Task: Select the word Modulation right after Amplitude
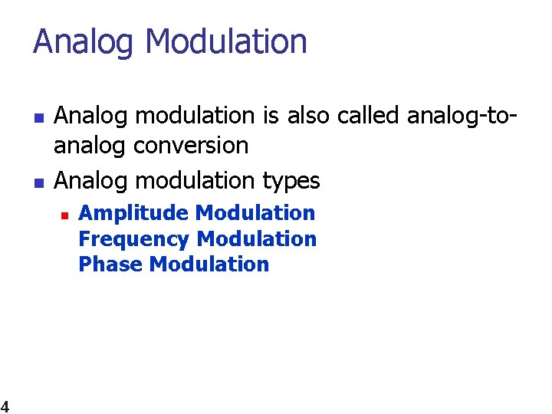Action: click(255, 213)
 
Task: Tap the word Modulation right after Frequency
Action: click(257, 239)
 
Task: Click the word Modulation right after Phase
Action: click(209, 264)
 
